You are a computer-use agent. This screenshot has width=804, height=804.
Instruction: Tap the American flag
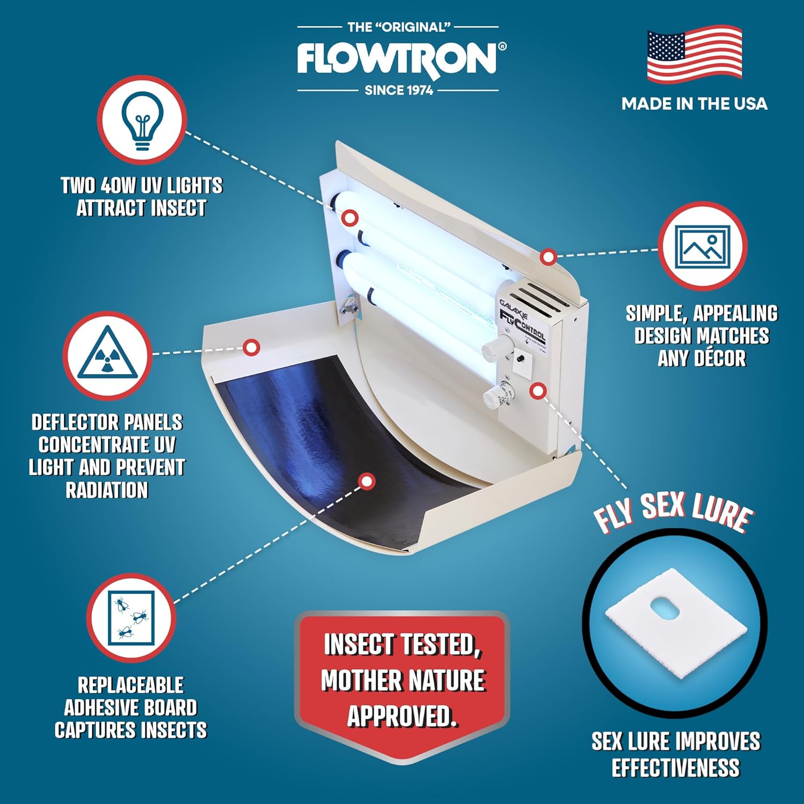pos(694,55)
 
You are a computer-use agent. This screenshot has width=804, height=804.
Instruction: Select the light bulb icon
pos(142,120)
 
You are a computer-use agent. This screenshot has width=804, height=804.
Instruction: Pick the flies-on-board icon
pos(131,618)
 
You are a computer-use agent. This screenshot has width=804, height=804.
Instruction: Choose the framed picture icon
pos(702,247)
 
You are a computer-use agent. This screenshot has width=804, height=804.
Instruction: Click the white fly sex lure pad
pos(675,622)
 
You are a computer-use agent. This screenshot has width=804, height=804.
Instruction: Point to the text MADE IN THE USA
pos(694,104)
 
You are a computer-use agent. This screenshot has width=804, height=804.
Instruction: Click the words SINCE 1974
pos(399,90)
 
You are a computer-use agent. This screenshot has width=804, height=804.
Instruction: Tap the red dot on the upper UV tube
pos(350,218)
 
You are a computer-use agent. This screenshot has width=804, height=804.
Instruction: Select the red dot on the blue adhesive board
pos(367,481)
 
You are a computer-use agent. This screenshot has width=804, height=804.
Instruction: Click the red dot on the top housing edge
pos(548,257)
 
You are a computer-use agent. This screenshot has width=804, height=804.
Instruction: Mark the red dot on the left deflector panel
pos(251,347)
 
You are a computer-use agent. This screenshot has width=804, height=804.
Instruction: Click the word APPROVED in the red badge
pos(402,716)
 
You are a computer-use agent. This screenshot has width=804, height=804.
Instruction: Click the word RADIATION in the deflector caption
pos(107,490)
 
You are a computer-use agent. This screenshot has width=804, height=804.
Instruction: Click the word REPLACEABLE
pos(131,685)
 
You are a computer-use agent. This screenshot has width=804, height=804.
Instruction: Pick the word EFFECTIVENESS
pos(675,768)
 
